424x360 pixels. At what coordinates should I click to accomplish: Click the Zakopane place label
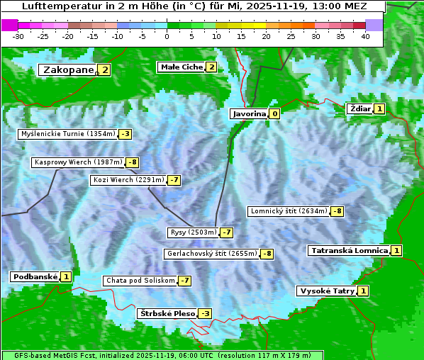coord(68,69)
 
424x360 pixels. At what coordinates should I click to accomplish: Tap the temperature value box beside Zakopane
coord(105,69)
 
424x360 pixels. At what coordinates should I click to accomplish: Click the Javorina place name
coord(249,113)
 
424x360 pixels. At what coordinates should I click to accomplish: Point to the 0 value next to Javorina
coord(274,113)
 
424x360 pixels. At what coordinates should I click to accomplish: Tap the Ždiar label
coord(360,108)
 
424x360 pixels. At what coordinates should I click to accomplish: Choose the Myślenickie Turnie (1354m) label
coord(67,133)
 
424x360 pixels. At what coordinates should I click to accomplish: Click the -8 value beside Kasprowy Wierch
coord(133,162)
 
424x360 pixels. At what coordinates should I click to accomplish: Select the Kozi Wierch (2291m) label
coord(128,180)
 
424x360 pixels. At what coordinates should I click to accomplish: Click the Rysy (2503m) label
coord(193,232)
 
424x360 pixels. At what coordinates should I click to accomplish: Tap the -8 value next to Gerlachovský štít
coord(267,254)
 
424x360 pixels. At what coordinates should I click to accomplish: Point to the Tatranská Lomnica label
coord(349,250)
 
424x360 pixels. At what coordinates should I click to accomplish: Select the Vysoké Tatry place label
coord(327,291)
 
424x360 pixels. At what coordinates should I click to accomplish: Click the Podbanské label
coord(34,276)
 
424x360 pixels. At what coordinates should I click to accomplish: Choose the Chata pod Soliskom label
coord(139,281)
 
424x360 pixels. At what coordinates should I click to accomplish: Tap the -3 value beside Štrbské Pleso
coord(206,313)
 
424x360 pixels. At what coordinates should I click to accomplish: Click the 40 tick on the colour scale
coord(365,36)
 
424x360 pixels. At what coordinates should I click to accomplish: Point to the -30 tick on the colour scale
coord(18,36)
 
